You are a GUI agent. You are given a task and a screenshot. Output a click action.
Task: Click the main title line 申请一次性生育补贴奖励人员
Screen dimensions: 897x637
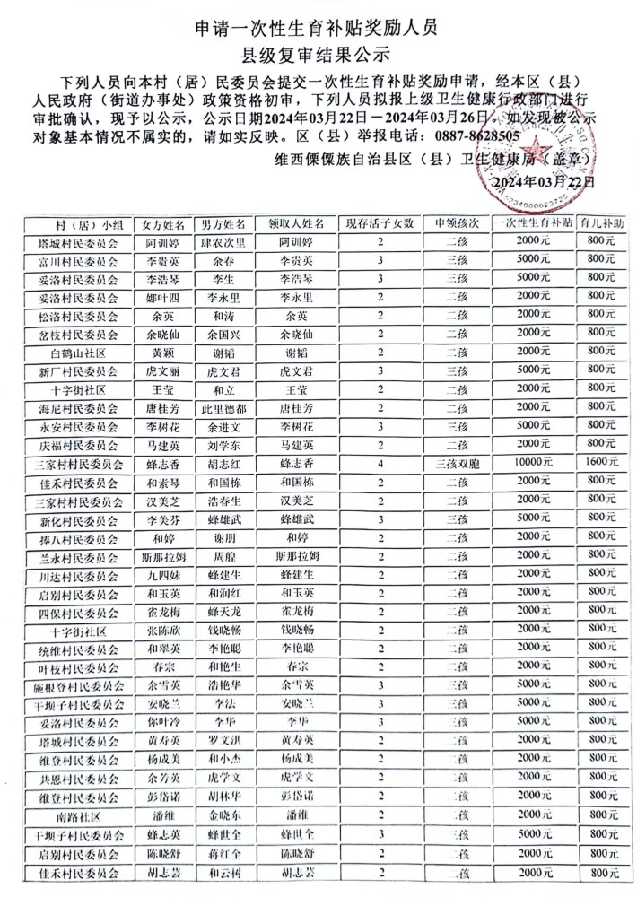click(318, 28)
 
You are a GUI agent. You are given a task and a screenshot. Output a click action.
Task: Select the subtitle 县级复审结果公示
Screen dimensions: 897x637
click(318, 56)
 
